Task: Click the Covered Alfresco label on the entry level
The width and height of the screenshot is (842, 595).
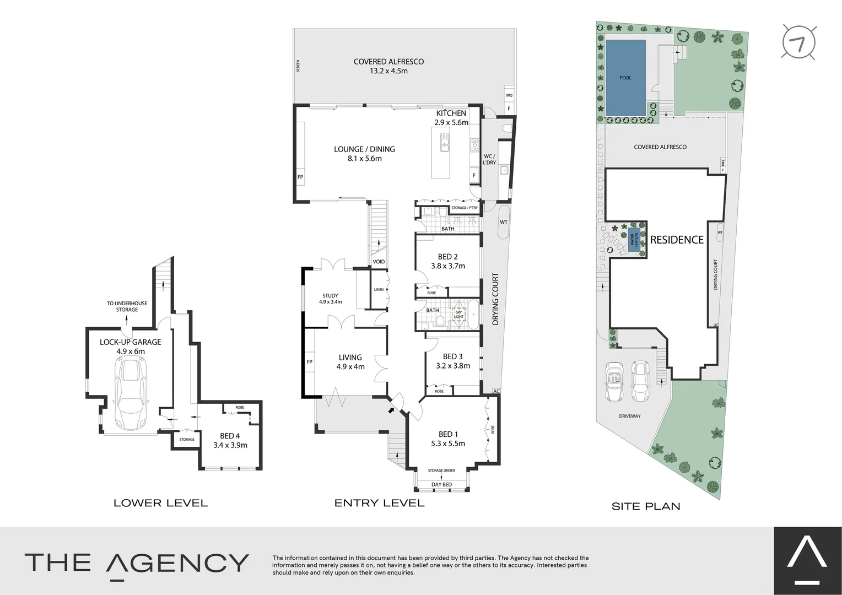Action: (x=388, y=66)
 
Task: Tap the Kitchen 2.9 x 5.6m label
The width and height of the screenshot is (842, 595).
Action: (x=451, y=118)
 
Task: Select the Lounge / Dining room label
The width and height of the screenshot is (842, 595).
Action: (x=364, y=154)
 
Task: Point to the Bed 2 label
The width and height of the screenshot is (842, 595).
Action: (x=447, y=261)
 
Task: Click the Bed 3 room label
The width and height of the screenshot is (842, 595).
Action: (x=452, y=361)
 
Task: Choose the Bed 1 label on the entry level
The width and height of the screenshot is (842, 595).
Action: (x=448, y=439)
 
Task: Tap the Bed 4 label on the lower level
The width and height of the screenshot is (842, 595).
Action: (x=230, y=440)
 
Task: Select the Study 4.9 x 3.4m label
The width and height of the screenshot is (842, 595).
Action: (x=330, y=299)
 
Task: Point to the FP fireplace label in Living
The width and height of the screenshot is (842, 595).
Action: (x=309, y=362)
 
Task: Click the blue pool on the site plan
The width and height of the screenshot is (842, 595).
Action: (x=625, y=78)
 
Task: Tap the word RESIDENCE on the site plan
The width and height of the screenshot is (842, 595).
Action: (x=677, y=240)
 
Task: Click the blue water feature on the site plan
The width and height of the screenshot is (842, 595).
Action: (x=635, y=240)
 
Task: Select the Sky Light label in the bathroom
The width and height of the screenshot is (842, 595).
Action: (x=458, y=315)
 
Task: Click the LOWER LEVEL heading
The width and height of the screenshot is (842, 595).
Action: (x=160, y=503)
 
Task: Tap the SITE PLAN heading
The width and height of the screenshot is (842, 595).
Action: (x=646, y=506)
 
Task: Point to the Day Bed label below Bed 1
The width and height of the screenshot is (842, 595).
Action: (x=441, y=485)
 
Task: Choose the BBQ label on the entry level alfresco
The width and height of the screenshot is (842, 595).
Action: (x=509, y=95)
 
